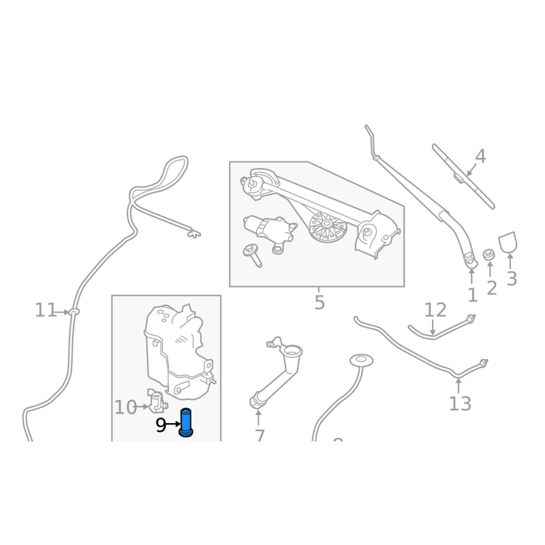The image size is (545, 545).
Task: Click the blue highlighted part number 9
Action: [x=186, y=422]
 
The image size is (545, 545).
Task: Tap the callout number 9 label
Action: [x=161, y=426]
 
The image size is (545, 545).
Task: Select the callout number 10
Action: [x=125, y=407]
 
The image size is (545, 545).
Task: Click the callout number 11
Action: [x=46, y=311]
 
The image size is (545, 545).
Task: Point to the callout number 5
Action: [x=320, y=302]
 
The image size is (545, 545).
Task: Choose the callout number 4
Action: [x=480, y=157]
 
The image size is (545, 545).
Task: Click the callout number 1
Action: [x=472, y=295]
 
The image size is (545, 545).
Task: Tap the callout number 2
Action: [x=492, y=288]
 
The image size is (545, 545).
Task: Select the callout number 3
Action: [x=512, y=278]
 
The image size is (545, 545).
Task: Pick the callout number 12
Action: [x=435, y=311]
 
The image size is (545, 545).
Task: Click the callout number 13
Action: [x=460, y=403]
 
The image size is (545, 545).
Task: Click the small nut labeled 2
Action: [x=488, y=255]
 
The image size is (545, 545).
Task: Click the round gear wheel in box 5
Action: [x=328, y=227]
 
